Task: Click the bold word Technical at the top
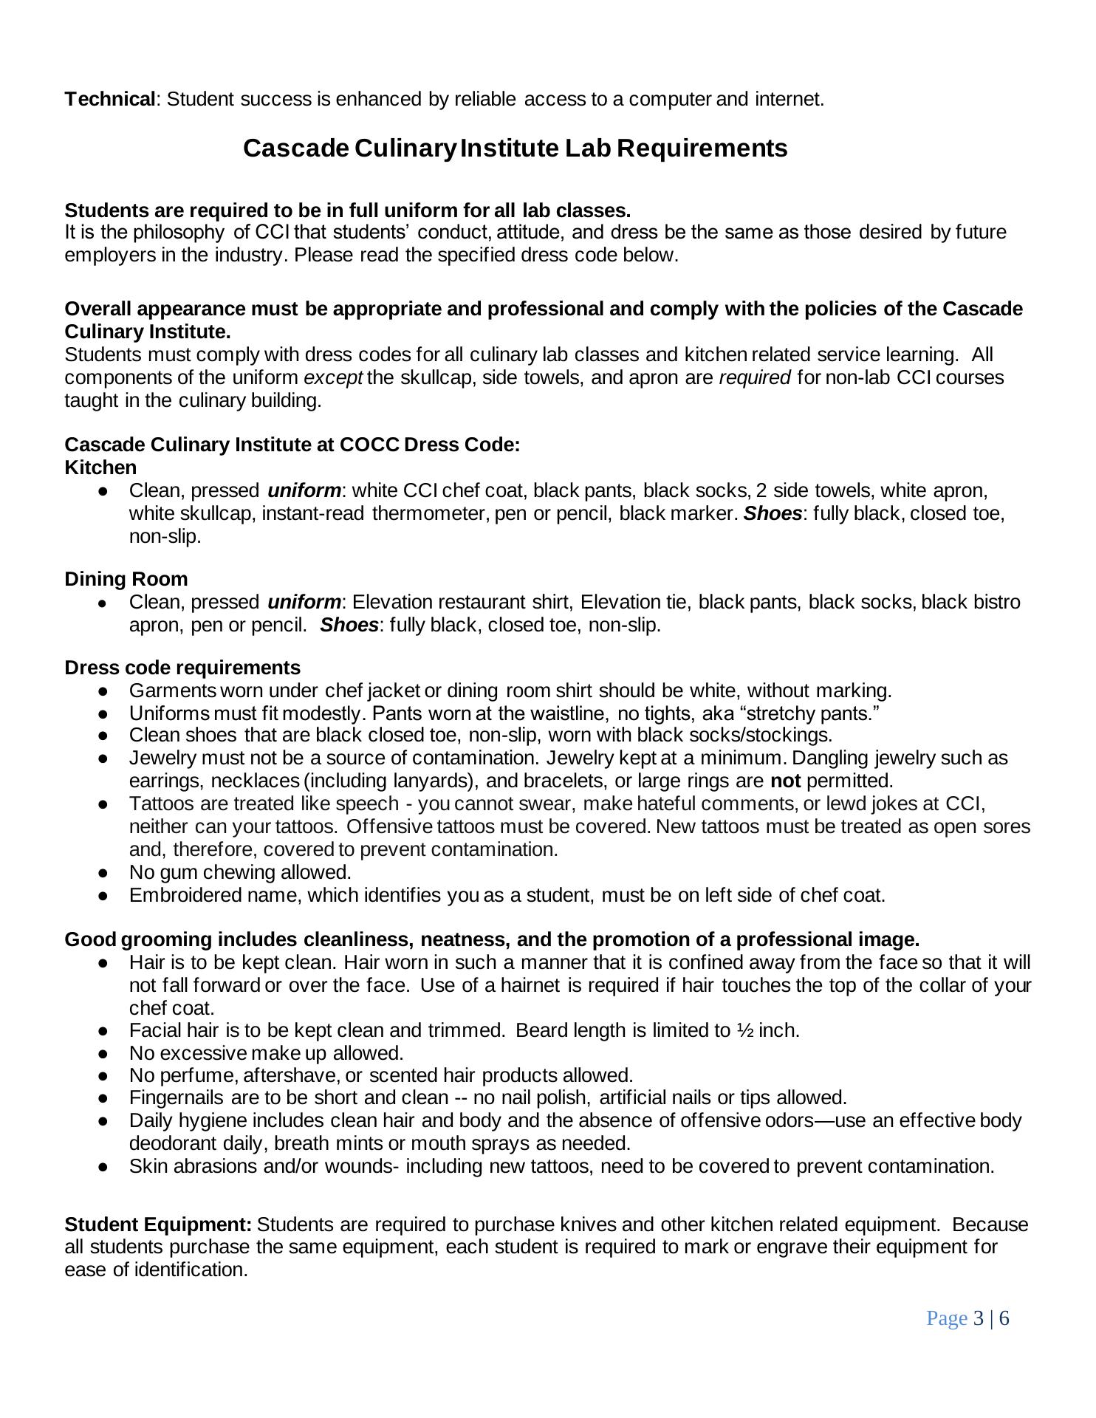[110, 99]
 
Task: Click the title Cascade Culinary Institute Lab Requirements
[515, 148]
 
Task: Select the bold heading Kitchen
[100, 467]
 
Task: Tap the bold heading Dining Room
[126, 579]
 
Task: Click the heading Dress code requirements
[182, 668]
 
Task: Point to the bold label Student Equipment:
[158, 1225]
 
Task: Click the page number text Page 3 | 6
[967, 1318]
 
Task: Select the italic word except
[333, 377]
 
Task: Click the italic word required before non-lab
[754, 377]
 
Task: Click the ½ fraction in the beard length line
[744, 1030]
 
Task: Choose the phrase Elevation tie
[635, 602]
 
